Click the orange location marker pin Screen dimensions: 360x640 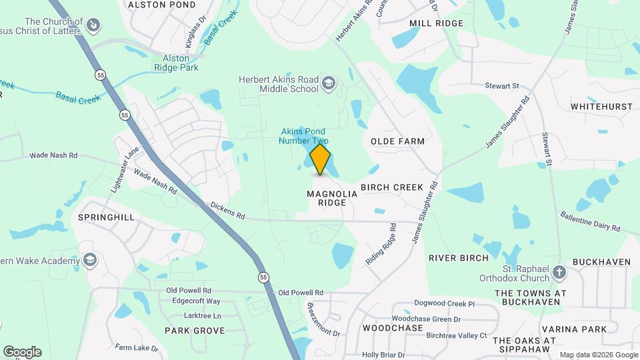321,159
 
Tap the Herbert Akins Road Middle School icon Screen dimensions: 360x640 328,83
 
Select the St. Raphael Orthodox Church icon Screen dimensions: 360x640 559,272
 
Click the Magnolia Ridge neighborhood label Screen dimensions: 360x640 327,198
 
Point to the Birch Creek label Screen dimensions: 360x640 392,187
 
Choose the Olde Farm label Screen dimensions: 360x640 397,141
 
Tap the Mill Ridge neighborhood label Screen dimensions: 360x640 436,23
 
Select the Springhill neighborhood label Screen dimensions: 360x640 106,217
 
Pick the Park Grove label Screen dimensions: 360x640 195,330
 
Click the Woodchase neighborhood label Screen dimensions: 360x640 393,329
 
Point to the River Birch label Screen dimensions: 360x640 459,257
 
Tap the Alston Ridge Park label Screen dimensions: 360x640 176,63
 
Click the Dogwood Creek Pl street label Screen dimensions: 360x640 443,304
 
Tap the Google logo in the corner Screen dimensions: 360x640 22,351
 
